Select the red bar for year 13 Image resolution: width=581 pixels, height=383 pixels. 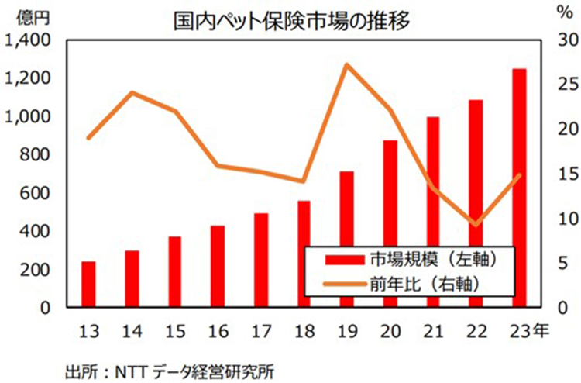[89, 285]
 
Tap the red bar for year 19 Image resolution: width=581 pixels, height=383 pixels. [346, 240]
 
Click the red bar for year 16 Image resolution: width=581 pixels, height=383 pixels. [218, 267]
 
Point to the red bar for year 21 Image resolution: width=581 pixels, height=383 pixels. [433, 212]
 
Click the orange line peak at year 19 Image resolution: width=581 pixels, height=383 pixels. [346, 64]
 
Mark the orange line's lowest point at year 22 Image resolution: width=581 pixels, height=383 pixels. [476, 225]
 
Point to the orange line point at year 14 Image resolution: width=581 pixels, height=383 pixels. [132, 93]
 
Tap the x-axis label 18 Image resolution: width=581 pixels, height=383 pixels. [303, 332]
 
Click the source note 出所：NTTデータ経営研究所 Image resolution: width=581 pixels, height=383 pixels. [170, 370]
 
